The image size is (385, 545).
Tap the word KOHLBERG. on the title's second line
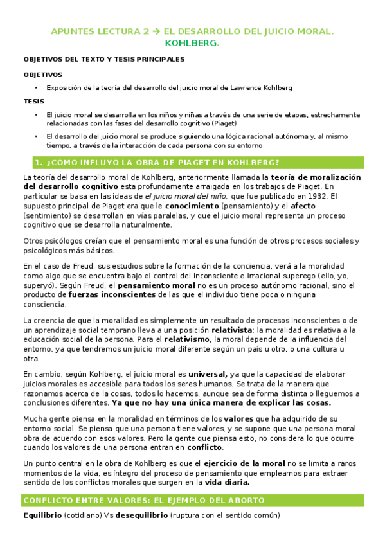coord(192,43)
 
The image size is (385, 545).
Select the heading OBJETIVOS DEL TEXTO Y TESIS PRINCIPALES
coord(103,59)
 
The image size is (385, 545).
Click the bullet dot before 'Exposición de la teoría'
coord(37,87)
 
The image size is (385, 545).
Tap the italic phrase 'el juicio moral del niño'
coord(186,196)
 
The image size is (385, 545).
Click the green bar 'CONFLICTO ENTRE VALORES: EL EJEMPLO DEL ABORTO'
coord(192,501)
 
